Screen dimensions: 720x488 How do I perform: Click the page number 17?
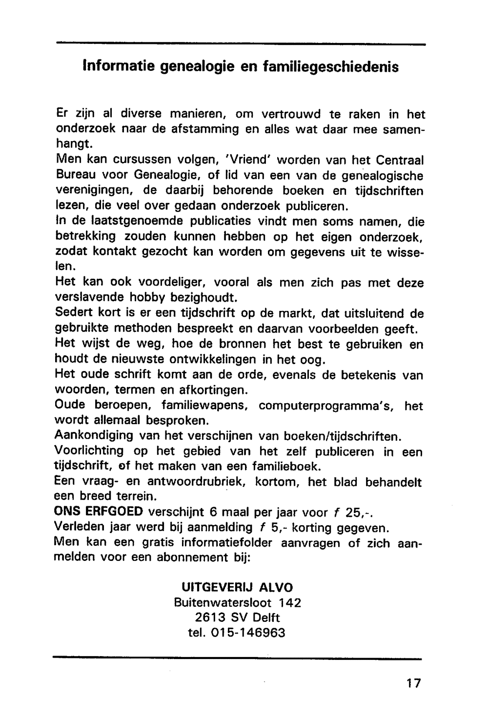[413, 682]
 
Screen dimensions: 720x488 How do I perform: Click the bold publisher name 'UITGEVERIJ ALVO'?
[237, 587]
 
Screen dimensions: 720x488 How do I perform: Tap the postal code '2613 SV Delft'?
[237, 618]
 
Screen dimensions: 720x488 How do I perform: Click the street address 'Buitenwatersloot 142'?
[237, 602]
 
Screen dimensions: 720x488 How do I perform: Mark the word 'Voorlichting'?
[90, 451]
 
